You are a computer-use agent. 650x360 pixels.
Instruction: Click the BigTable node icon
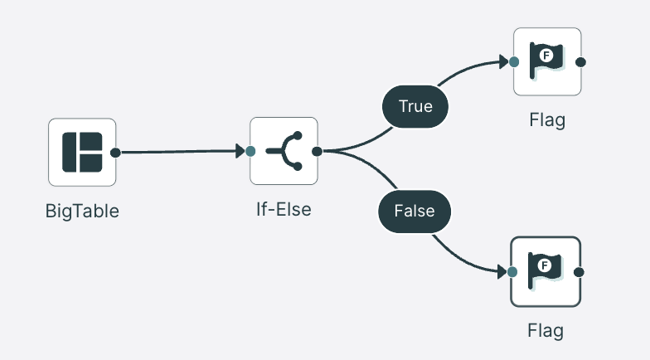pyautogui.click(x=82, y=153)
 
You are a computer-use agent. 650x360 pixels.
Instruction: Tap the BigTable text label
pyautogui.click(x=82, y=211)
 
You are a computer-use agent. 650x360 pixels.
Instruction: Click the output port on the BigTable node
pyautogui.click(x=116, y=153)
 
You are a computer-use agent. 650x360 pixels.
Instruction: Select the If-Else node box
pyautogui.click(x=284, y=151)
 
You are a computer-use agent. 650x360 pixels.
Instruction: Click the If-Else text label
pyautogui.click(x=284, y=209)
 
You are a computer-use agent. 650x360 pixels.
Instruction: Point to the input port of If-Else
pyautogui.click(x=250, y=151)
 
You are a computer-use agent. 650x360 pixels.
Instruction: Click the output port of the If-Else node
pyautogui.click(x=317, y=151)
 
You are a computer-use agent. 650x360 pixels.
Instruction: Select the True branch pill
pyautogui.click(x=415, y=106)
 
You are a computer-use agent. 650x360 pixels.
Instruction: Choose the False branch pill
pyautogui.click(x=415, y=211)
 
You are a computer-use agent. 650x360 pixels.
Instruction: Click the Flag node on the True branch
pyautogui.click(x=547, y=61)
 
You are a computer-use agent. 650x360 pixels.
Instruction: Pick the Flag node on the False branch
pyautogui.click(x=546, y=272)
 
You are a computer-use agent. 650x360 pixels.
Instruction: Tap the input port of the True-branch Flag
pyautogui.click(x=514, y=62)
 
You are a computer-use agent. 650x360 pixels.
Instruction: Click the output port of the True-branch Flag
pyautogui.click(x=581, y=62)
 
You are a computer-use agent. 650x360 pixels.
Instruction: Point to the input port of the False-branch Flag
pyautogui.click(x=512, y=272)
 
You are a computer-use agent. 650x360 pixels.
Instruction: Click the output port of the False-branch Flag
pyautogui.click(x=579, y=272)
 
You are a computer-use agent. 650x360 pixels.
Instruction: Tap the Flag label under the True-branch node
pyautogui.click(x=547, y=120)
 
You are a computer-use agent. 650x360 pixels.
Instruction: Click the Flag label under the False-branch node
pyautogui.click(x=546, y=331)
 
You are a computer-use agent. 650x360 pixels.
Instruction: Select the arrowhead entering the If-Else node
pyautogui.click(x=240, y=151)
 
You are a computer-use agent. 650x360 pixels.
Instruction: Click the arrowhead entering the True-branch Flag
pyautogui.click(x=504, y=61)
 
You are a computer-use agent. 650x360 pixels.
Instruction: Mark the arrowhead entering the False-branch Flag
pyautogui.click(x=502, y=272)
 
